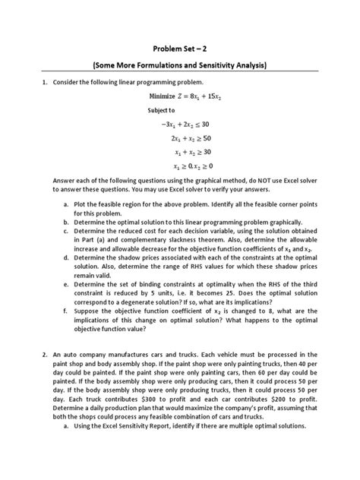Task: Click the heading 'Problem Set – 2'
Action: (x=180, y=46)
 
